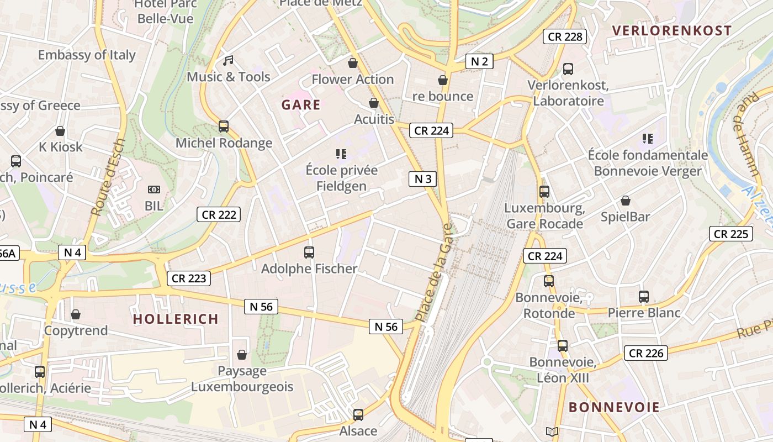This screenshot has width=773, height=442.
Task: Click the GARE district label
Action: [301, 105]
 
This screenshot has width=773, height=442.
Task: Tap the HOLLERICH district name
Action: [176, 319]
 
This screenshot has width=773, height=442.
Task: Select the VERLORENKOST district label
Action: [671, 31]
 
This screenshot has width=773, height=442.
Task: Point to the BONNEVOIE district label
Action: [614, 408]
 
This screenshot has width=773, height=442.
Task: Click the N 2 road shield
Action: [479, 61]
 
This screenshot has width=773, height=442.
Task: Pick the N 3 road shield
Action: [422, 178]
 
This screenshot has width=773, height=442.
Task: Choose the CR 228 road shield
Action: [564, 37]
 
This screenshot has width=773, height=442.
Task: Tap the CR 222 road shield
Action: [219, 214]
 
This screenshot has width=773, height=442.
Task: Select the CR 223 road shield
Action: [189, 278]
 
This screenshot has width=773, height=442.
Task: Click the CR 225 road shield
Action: [731, 234]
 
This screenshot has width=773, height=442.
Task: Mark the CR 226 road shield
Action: [646, 352]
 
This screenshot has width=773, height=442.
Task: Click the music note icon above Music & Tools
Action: [228, 60]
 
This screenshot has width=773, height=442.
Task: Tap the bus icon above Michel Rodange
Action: [224, 127]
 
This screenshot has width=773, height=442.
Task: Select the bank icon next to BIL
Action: [154, 190]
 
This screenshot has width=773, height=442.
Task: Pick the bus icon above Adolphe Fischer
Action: [309, 252]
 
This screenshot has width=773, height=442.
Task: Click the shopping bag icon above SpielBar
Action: [626, 201]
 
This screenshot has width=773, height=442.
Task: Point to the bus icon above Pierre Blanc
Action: [644, 297]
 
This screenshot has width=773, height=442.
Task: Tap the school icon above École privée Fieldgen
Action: [341, 154]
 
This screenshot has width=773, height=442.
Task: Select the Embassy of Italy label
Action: [87, 55]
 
